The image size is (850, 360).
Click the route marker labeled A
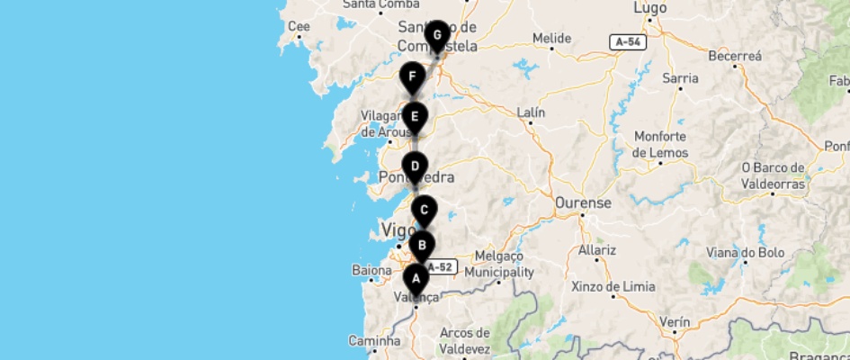coord(416,278)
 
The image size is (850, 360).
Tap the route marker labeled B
coord(422,245)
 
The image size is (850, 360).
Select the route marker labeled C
coord(425,211)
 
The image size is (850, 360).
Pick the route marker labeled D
coord(414,166)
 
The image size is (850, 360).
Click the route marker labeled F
coord(412,77)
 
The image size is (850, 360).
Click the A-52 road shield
coord(441,267)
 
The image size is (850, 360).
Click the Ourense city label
coord(583,203)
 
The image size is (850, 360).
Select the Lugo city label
coord(649,7)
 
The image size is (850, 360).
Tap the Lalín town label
coord(532,112)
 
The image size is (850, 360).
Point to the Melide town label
coord(552,39)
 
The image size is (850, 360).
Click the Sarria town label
coord(680,78)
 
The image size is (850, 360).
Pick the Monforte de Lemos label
coord(661,145)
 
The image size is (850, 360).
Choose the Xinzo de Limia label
coord(613,287)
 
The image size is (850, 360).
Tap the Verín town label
coord(675,322)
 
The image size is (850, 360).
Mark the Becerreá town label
coord(735,56)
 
